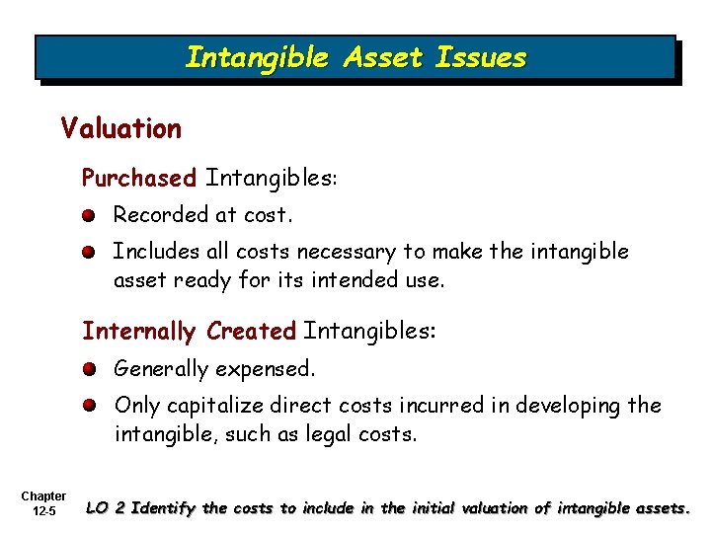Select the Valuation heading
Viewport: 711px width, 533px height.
point(120,128)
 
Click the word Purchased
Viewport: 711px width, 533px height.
point(139,179)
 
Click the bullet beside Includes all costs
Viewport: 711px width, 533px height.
point(89,254)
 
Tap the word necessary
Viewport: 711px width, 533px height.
point(379,253)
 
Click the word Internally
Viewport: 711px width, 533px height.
point(139,331)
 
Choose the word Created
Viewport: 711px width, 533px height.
point(251,331)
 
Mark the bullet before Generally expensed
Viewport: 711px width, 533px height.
point(89,369)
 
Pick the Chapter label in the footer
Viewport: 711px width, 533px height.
point(42,496)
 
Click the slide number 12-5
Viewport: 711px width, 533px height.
point(44,512)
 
